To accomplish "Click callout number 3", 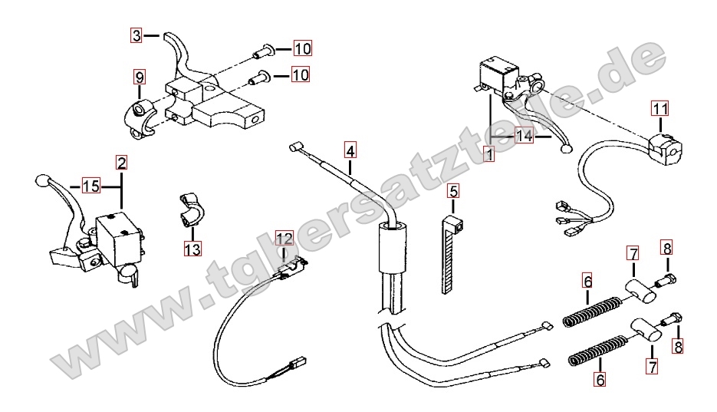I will (136, 35).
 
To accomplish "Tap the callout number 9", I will (139, 77).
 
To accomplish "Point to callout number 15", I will (90, 186).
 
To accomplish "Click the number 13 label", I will (192, 249).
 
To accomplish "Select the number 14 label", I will (525, 137).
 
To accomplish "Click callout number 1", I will (489, 153).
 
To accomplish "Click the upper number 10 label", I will (302, 49).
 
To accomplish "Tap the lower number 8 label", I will (677, 346).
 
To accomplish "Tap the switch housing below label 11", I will (665, 145).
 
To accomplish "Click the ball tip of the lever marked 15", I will (41, 182).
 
